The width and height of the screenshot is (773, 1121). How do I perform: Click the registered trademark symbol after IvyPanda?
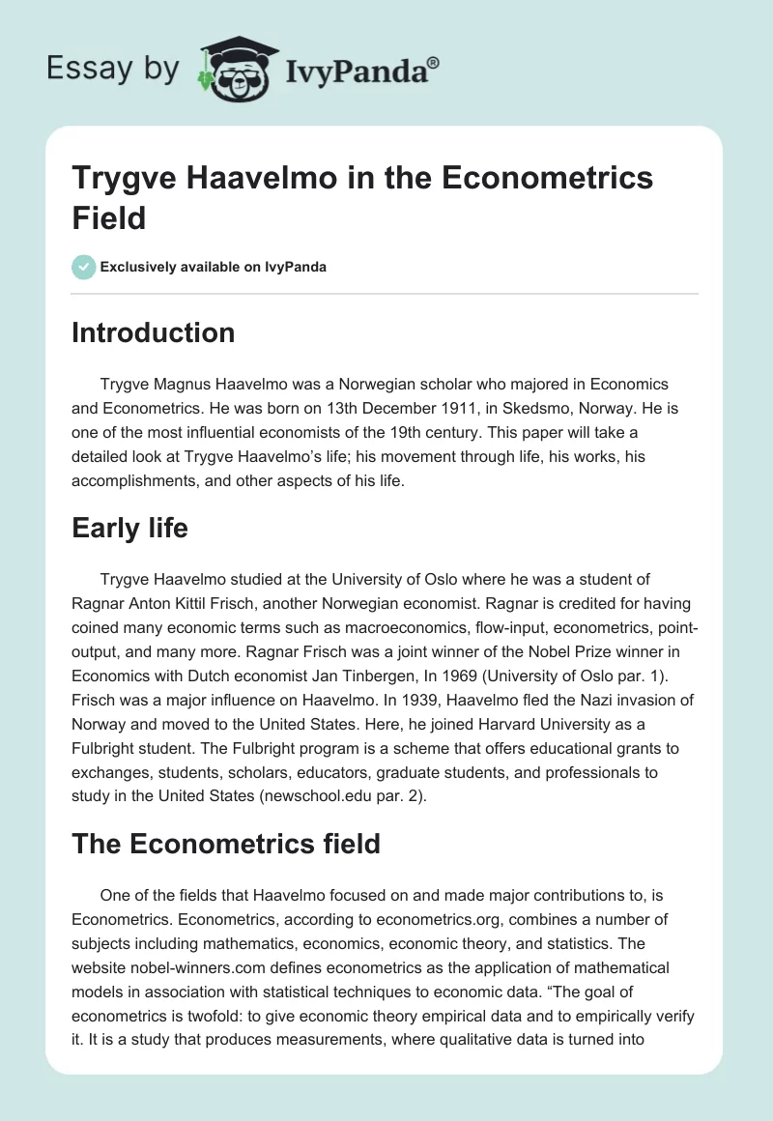(434, 62)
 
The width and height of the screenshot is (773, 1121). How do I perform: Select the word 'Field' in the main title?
(108, 217)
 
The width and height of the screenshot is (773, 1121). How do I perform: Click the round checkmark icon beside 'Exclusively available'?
(84, 267)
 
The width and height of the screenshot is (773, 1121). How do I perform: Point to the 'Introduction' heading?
(154, 333)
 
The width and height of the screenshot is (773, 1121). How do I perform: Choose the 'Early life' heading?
(129, 529)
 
